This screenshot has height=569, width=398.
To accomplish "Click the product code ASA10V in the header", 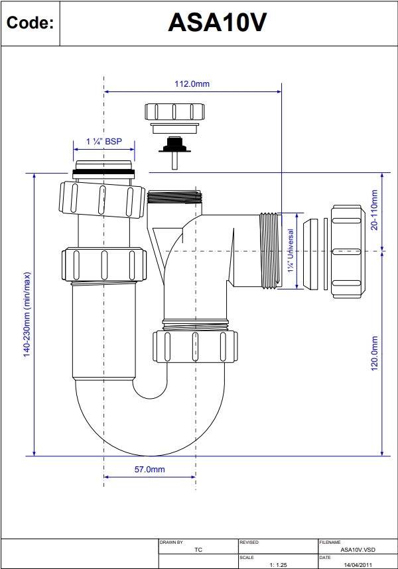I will coord(217,23).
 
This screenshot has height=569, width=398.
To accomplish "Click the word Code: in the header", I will coord(29,23).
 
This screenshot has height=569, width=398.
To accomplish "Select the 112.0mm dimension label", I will coord(192,83).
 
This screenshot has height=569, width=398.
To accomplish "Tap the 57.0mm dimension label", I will coord(150,469).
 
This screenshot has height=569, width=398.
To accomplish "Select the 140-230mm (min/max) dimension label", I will coord(27,314).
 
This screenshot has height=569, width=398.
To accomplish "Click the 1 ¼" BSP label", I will coord(104,141).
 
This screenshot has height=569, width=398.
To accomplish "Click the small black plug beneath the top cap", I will coord(175,146).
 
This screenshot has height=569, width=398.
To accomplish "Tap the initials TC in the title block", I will coord(198,549).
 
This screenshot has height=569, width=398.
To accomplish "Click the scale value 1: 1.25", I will coord(277,564).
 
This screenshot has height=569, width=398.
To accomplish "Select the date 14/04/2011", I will coord(357,564).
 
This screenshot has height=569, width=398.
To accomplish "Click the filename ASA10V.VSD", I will coord(357,549).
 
